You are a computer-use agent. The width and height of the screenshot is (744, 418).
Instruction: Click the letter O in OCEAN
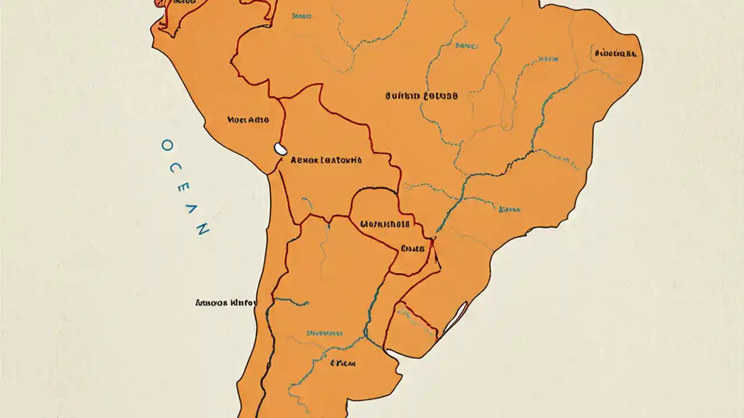(x=166, y=145)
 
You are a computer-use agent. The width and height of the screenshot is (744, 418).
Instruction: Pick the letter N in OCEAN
(x=202, y=229)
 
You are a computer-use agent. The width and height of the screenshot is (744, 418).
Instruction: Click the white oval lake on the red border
(x=280, y=149)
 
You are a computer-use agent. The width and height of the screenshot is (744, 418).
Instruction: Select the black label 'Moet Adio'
(x=248, y=120)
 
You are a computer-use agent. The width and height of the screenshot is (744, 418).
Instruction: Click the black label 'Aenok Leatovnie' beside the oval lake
(x=325, y=160)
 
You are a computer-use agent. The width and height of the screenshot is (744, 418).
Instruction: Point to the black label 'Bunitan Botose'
(x=421, y=96)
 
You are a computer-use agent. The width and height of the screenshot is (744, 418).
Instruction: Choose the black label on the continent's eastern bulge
(x=615, y=54)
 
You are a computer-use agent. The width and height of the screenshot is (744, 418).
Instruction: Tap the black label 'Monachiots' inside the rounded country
(x=385, y=224)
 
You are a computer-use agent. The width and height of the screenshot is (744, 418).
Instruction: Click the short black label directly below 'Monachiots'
(x=413, y=248)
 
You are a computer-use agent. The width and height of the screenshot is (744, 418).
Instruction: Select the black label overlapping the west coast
(x=226, y=302)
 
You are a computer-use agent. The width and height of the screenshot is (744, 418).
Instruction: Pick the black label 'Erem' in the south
(x=342, y=363)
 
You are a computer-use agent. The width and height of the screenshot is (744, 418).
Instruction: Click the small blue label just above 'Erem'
(x=324, y=334)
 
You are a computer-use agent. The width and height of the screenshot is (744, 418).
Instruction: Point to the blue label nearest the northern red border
(x=302, y=17)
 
